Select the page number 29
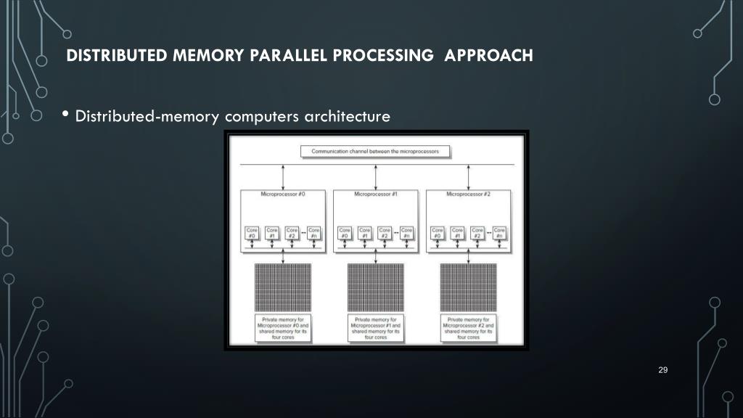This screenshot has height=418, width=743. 662,371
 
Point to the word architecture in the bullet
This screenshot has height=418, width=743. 347,116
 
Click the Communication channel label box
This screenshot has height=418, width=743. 375,152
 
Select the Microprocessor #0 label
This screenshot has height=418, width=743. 282,194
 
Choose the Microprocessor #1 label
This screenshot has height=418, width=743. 375,194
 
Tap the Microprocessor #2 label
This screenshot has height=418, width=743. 468,194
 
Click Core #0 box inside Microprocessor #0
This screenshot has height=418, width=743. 251,233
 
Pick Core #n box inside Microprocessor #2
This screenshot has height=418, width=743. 499,233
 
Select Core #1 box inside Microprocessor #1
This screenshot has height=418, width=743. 365,233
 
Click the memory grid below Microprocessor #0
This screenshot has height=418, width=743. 283,286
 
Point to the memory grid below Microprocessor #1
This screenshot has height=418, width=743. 376,286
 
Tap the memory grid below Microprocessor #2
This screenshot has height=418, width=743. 468,286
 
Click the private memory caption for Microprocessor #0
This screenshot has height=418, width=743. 283,328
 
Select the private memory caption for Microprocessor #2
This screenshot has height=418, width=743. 469,328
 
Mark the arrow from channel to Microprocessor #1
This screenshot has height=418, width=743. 375,177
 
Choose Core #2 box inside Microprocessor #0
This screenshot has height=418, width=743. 292,233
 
